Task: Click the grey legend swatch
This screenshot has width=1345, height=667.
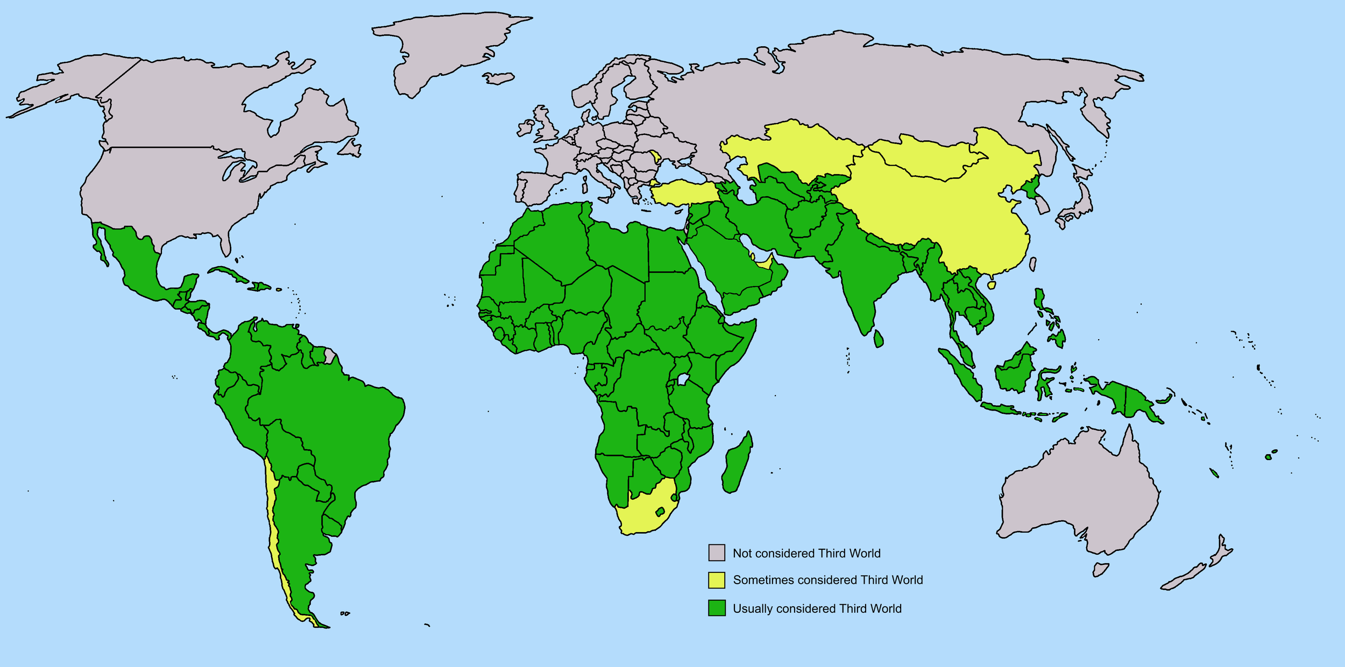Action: click(716, 553)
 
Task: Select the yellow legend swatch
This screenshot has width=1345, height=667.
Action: click(716, 580)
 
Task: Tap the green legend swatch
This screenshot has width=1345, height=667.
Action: click(716, 608)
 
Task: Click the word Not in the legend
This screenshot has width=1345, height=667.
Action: click(742, 553)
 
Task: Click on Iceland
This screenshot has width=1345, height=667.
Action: click(498, 78)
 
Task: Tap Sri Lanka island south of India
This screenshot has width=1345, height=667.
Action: click(878, 339)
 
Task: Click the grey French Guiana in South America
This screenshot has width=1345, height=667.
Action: click(330, 355)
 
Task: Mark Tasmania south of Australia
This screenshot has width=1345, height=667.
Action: click(1100, 569)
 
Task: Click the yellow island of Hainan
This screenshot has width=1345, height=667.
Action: click(992, 284)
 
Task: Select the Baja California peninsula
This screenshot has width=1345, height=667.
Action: click(100, 245)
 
